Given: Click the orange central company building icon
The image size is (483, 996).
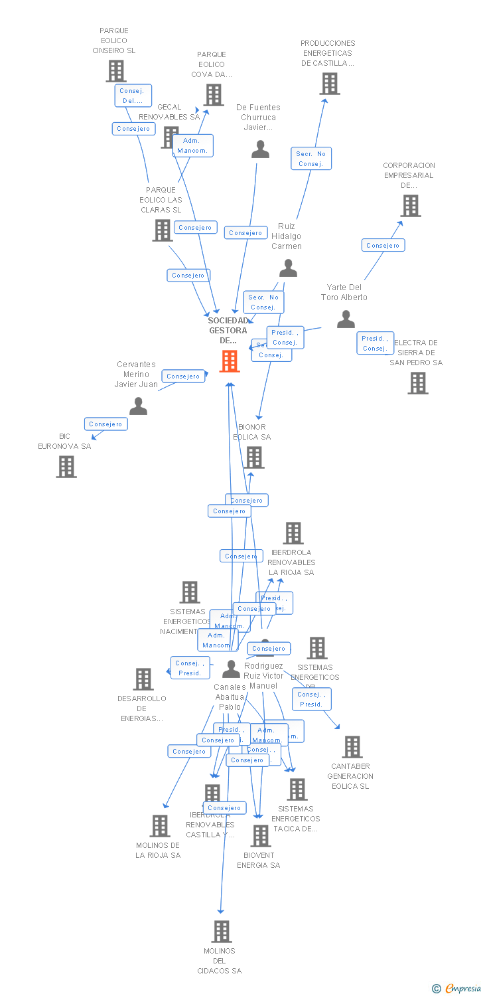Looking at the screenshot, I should coord(230,361).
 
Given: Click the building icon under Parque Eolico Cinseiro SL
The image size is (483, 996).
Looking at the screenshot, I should coord(116,71).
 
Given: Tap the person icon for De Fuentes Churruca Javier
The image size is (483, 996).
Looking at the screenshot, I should coord(261,149).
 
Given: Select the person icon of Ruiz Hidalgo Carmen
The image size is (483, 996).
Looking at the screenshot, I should coord(288,268).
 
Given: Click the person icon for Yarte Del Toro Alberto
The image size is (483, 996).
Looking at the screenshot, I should coord(346,319).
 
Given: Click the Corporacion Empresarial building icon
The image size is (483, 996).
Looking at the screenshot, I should coord(411,206).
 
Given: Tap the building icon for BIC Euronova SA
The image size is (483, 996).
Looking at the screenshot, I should coord(66,466).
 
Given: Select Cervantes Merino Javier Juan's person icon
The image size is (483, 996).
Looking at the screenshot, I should coord(138,406).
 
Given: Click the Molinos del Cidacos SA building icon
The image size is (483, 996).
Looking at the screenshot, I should coord(222,931).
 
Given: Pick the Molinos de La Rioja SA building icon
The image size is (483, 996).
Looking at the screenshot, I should coord(160,826).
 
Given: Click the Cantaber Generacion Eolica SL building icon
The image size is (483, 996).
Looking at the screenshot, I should coord(352,747).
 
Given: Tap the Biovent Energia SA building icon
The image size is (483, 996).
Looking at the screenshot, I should coord(261,835).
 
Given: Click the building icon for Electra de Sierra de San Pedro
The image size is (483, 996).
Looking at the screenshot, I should coord(418,382).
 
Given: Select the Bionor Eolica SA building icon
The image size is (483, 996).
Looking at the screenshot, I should coord(253,457).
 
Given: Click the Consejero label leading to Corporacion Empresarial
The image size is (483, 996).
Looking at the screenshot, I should coord(383,246).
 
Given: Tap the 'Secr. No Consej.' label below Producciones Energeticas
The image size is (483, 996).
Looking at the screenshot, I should coord(310,159).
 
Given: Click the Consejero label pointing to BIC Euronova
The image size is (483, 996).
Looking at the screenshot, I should coord(105,424).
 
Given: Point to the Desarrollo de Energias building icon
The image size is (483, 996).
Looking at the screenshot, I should coord(143,679).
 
